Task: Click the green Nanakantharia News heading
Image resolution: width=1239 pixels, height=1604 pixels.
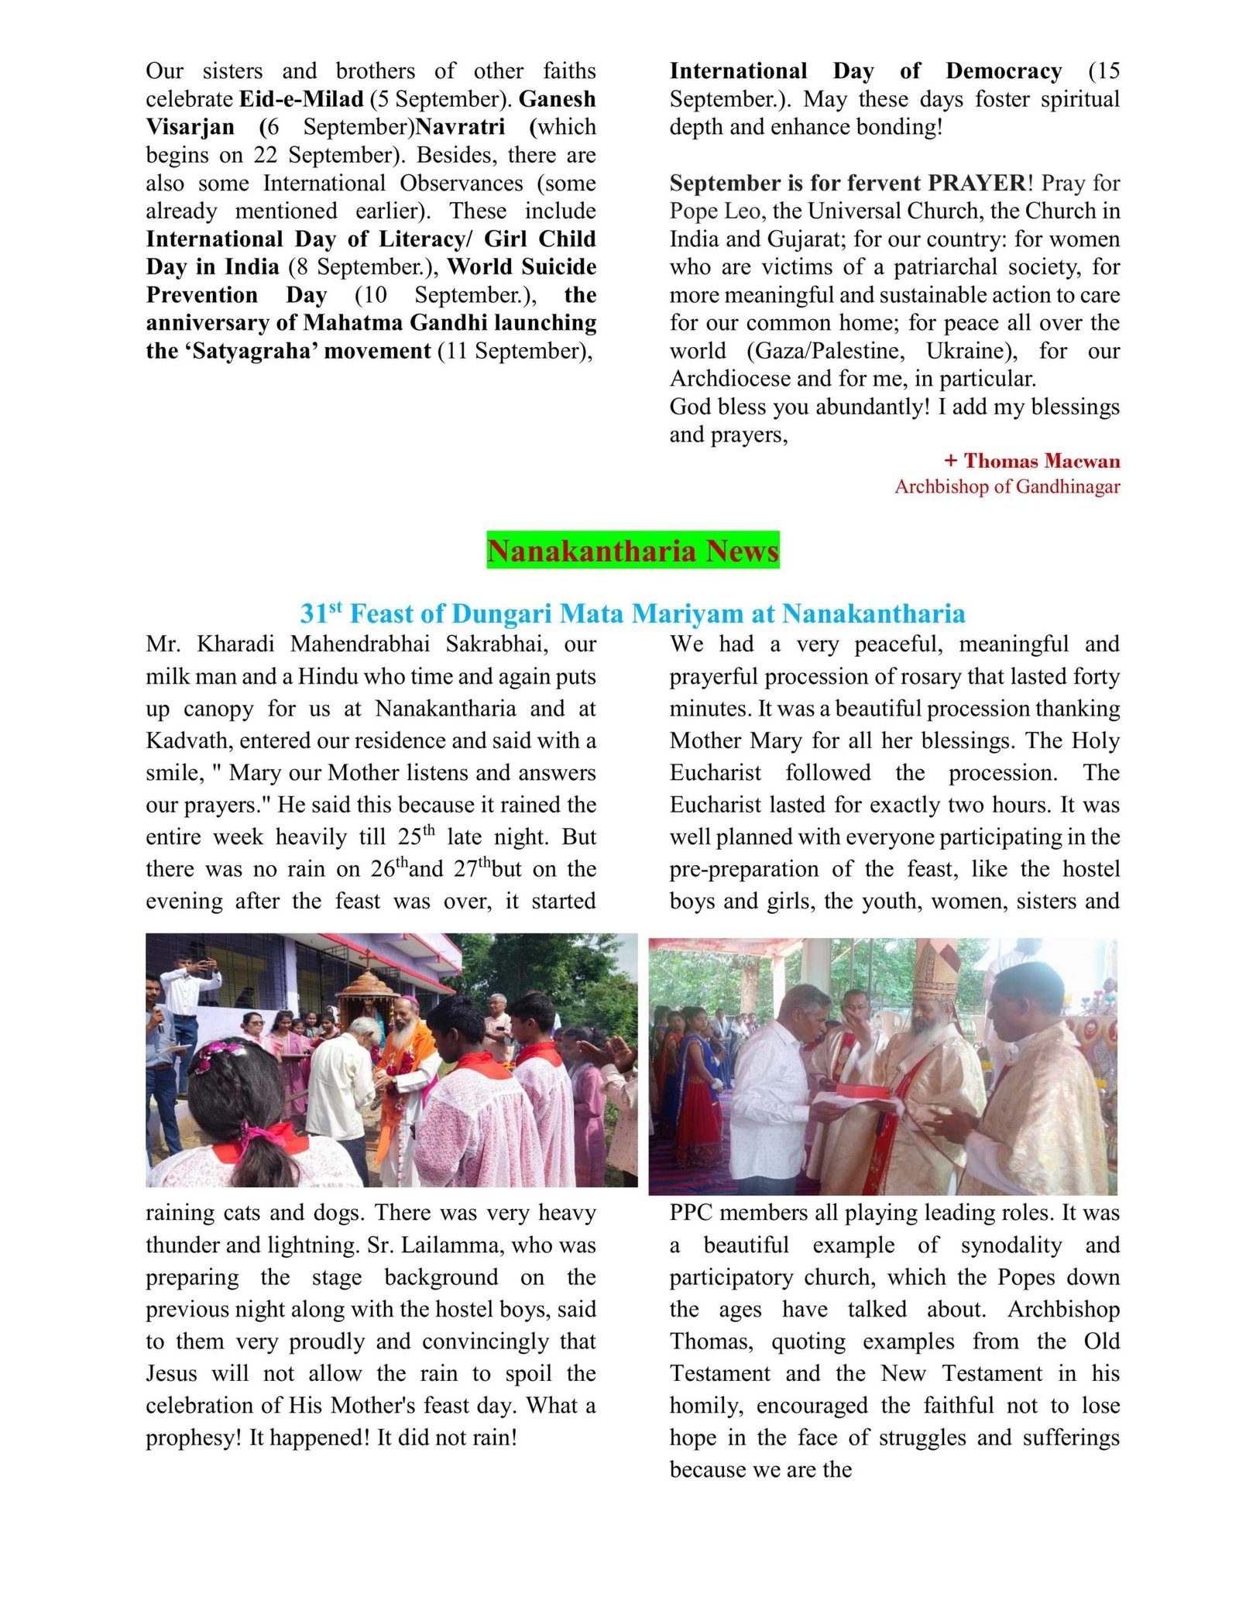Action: pyautogui.click(x=633, y=551)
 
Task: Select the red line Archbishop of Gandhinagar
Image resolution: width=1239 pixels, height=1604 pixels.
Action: pyautogui.click(x=1007, y=486)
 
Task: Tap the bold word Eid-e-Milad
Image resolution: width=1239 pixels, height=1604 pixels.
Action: pyautogui.click(x=301, y=99)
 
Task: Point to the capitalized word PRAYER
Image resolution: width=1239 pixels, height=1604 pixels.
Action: pyautogui.click(x=976, y=183)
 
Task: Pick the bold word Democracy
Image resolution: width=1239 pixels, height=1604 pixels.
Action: pyautogui.click(x=1003, y=71)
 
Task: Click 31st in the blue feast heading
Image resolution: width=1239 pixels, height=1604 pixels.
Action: pyautogui.click(x=321, y=613)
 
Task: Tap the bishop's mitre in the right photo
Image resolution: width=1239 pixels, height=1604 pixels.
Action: pyautogui.click(x=935, y=968)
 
